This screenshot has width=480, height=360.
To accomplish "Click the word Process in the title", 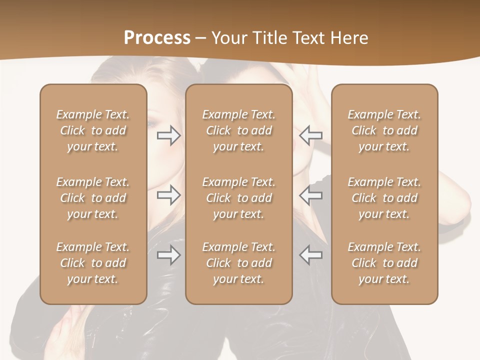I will tap(157, 38).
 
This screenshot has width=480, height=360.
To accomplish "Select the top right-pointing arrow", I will tap(168, 135).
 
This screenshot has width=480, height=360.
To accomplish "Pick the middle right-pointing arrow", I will tap(168, 195).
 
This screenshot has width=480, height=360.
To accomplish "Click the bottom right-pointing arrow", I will tap(168, 255).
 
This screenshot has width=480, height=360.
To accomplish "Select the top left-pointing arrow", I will tap(311, 135).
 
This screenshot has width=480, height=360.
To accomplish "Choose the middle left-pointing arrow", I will tap(311, 195).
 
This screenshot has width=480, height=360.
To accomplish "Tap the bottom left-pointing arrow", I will tap(311, 255).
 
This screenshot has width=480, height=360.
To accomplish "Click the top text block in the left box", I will tap(93, 130).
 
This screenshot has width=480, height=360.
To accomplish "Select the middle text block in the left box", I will tap(93, 198).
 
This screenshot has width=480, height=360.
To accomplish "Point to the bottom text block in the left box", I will tap(93, 263).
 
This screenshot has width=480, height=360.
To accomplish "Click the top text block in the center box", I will tap(239, 130).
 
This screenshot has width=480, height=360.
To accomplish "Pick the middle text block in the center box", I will tap(239, 198).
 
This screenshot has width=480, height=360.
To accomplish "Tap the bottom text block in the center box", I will tap(239, 263).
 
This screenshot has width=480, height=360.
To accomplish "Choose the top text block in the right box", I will tap(384, 130).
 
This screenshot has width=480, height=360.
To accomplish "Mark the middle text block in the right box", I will tap(384, 198).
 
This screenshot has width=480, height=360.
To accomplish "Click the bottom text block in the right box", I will tap(384, 263).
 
